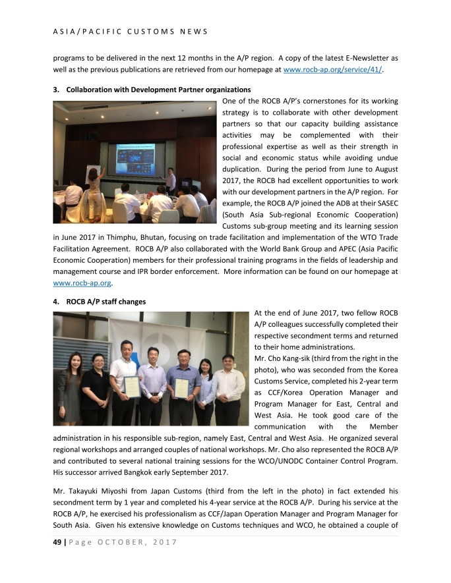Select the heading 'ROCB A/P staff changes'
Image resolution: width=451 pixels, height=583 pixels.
tap(105, 302)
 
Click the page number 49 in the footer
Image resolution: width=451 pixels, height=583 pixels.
tap(56, 542)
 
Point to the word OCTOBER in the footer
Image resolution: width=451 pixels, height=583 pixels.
tap(119, 542)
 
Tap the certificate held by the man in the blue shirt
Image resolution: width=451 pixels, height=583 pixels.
tap(181, 387)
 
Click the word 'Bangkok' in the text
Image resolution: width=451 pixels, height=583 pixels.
tap(156, 472)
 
